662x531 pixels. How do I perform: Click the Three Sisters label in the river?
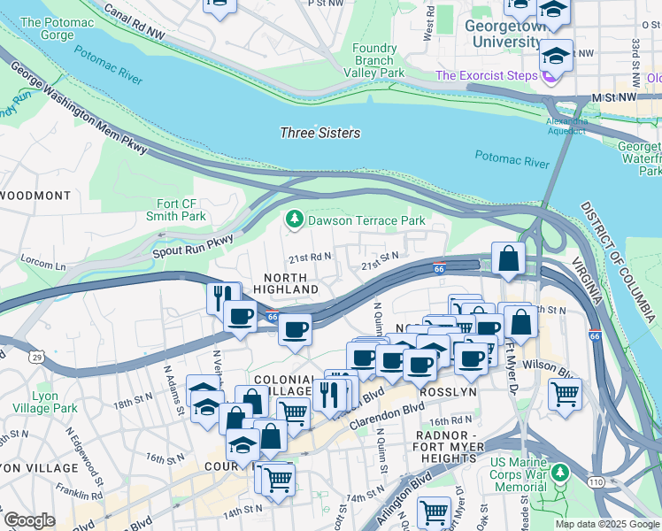click(x=319, y=133)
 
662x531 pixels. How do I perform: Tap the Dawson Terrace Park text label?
click(x=366, y=220)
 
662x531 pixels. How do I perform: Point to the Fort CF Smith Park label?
click(x=176, y=209)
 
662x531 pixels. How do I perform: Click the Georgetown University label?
click(x=503, y=35)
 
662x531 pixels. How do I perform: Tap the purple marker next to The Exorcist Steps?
click(x=549, y=77)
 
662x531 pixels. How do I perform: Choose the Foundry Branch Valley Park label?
click(x=373, y=60)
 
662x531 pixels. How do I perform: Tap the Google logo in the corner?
click(x=29, y=520)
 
